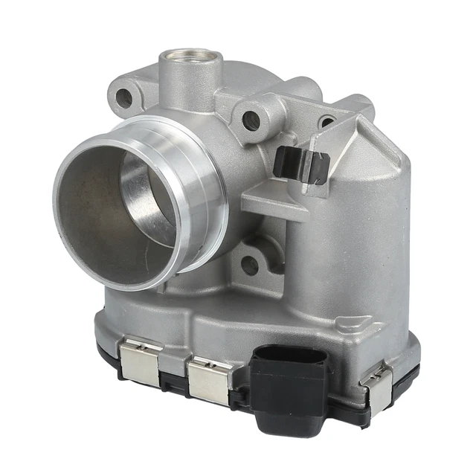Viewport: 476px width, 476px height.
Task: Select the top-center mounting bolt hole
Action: [251, 120]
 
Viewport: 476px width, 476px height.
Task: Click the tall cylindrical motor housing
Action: [346, 245]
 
